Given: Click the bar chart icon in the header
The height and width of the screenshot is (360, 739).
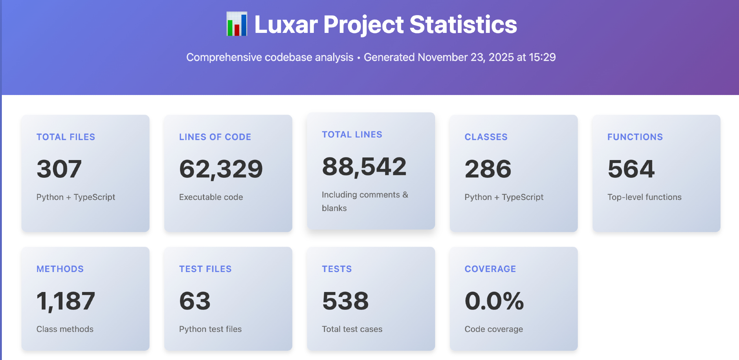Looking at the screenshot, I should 237,24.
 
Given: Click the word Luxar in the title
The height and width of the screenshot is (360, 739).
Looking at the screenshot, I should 286,25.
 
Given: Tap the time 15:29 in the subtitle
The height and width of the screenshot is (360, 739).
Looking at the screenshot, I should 542,57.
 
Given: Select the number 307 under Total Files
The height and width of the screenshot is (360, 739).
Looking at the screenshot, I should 59,169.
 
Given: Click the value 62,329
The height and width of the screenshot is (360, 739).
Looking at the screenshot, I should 221,169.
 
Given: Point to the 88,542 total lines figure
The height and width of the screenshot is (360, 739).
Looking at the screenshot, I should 364,166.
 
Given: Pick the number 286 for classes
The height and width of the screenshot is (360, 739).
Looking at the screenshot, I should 488,169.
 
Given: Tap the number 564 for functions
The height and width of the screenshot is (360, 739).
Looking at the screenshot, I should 631,169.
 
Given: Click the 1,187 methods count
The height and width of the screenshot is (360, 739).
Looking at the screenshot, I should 66,301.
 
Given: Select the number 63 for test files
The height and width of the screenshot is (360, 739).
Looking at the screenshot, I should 195,301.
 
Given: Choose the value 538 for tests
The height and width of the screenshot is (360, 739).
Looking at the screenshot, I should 345,301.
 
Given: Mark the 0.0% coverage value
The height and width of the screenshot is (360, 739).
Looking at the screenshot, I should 494,301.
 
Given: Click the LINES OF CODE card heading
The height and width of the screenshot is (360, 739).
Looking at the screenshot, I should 215,137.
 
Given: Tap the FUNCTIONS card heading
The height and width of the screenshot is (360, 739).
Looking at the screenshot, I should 635,137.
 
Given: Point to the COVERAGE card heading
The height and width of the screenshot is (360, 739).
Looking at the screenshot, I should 490,269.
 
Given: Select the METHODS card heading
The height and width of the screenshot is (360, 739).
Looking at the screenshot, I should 60,269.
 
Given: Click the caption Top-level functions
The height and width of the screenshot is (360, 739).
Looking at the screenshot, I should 644,197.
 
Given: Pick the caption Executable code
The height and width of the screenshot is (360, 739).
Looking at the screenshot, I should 211,197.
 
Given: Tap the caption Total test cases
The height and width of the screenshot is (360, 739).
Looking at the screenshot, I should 352,329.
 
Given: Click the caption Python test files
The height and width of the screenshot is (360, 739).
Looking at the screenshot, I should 210,329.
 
